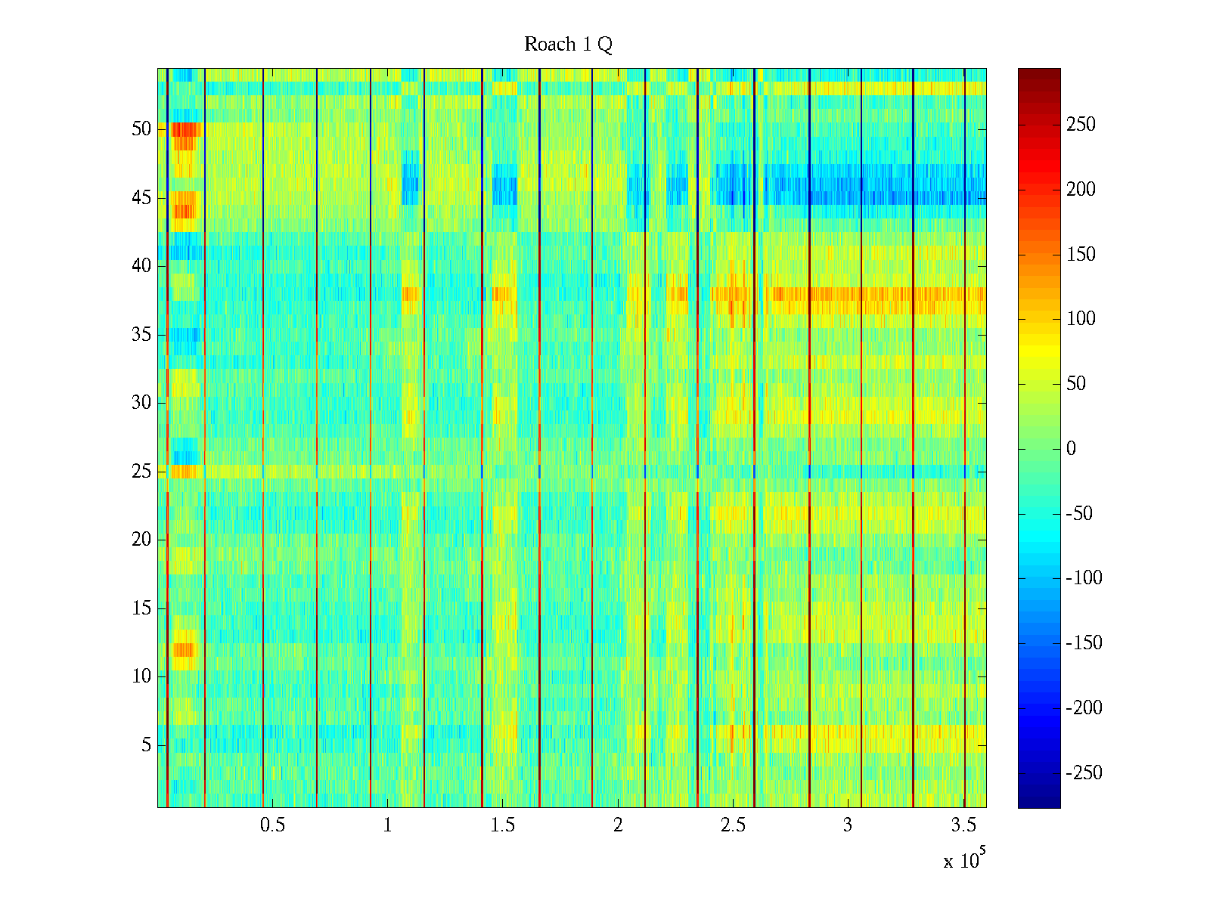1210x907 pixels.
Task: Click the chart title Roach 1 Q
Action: click(x=568, y=45)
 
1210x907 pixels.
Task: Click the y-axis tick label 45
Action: click(x=141, y=198)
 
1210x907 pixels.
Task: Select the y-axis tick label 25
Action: click(x=141, y=472)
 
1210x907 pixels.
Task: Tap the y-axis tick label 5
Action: click(x=146, y=745)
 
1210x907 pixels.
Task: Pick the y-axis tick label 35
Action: click(x=141, y=335)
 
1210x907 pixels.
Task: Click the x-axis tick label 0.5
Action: click(x=272, y=825)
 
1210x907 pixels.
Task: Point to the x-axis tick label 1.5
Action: click(x=503, y=825)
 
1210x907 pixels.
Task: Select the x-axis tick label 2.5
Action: click(x=733, y=825)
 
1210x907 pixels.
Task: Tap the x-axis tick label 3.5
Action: click(x=963, y=825)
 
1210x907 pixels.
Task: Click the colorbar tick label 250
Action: click(x=1081, y=125)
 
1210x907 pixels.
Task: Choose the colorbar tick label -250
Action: click(x=1084, y=772)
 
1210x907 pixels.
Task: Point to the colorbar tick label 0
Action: click(x=1071, y=449)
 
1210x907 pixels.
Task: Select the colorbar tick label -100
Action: click(x=1084, y=578)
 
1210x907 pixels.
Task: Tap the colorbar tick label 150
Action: click(x=1081, y=255)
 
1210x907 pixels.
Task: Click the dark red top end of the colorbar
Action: click(x=1039, y=73)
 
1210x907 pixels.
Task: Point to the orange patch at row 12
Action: click(x=184, y=649)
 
